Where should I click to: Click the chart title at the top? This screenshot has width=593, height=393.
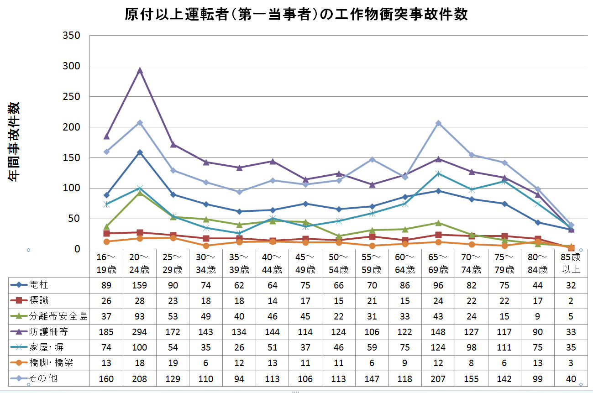pos(296,14)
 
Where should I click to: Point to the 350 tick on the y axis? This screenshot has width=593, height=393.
pos(71,36)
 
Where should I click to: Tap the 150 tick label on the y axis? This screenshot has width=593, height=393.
pos(71,157)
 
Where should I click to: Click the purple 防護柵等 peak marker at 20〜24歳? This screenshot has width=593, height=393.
pos(140,71)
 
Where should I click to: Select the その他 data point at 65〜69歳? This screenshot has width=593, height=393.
pos(438,123)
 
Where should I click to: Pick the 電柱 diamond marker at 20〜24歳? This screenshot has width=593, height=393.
pos(140,152)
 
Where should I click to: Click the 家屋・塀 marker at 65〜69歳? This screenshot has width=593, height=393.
pos(438,173)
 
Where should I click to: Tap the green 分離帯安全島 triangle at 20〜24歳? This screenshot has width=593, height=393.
pos(140,193)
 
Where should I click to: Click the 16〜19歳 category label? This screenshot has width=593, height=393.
pos(106,263)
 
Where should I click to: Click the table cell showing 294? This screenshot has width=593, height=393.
pos(140,332)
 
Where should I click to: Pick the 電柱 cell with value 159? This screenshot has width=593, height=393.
pos(140,286)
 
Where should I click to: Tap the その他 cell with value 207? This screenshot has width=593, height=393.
pos(438,378)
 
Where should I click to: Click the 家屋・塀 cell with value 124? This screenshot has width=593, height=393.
pos(438,347)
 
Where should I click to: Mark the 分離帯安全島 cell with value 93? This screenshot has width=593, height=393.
pos(140,317)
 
